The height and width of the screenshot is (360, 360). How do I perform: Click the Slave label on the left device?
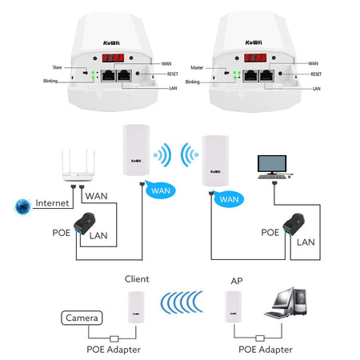tap(56, 67)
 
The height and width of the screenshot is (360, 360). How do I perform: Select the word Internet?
tap(52, 203)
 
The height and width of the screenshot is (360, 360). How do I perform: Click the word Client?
tap(138, 281)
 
